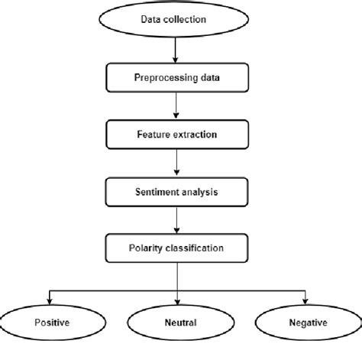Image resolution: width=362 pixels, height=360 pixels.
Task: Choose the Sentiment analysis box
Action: pyautogui.click(x=177, y=193)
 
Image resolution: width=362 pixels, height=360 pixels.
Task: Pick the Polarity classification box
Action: pyautogui.click(x=177, y=248)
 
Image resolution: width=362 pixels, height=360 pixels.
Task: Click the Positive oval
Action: pyautogui.click(x=50, y=323)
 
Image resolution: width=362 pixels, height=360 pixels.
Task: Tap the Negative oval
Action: pyautogui.click(x=306, y=323)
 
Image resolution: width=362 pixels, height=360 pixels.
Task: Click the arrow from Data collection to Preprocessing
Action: pyautogui.click(x=177, y=52)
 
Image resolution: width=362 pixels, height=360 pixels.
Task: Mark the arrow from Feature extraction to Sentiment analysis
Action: pyautogui.click(x=177, y=164)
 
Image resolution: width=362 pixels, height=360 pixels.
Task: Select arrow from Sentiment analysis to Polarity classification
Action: pyautogui.click(x=177, y=220)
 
